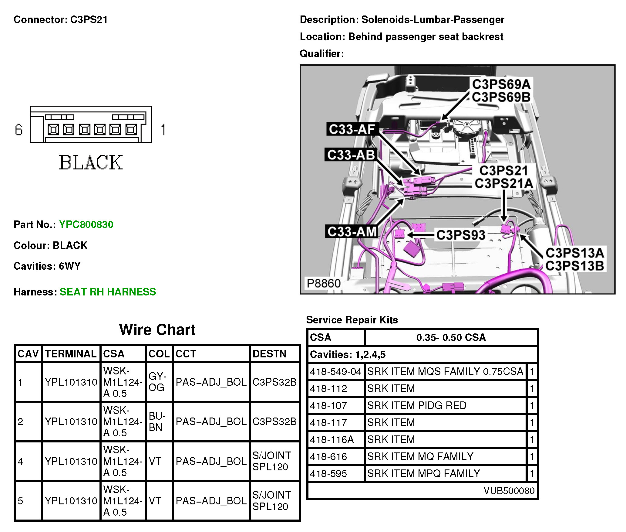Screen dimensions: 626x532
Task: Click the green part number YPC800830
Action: (86, 225)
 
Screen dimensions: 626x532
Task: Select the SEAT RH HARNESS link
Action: (108, 292)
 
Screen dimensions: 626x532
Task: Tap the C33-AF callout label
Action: (352, 129)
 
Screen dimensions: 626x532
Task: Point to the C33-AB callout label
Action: (351, 155)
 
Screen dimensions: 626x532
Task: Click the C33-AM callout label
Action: (352, 232)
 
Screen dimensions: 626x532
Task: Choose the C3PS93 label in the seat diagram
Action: (460, 235)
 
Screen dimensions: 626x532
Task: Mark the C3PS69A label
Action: (501, 84)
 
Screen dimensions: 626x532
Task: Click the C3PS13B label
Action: (574, 266)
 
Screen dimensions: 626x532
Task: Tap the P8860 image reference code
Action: (323, 283)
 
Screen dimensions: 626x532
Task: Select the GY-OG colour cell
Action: (157, 382)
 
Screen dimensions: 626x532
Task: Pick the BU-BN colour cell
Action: (156, 421)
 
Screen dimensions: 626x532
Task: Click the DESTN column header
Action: (269, 354)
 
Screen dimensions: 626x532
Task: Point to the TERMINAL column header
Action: (71, 354)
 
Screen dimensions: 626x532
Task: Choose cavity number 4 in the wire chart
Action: (20, 462)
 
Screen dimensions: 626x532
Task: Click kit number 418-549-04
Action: (335, 371)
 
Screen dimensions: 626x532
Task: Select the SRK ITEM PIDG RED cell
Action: (417, 405)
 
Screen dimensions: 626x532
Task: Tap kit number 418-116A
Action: (332, 439)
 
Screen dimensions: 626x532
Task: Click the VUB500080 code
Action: (509, 490)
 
